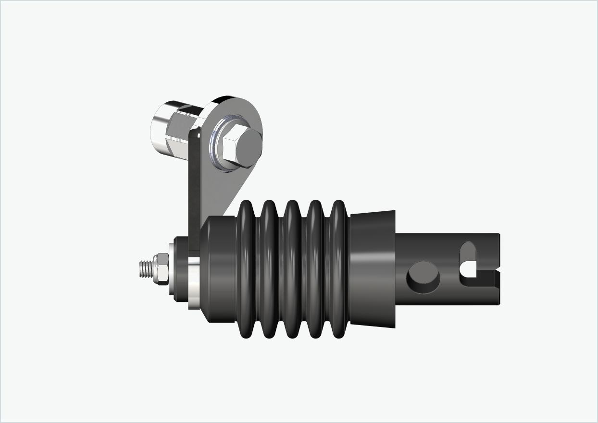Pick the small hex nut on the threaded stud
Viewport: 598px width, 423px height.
(x=161, y=270)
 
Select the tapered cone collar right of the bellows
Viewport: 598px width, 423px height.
(x=373, y=269)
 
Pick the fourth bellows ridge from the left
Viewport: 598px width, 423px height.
(x=316, y=269)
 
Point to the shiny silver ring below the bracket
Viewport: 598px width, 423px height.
(x=194, y=283)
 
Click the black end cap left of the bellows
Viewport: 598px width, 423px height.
(x=219, y=269)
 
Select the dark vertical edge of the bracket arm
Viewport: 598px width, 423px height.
(x=194, y=192)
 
